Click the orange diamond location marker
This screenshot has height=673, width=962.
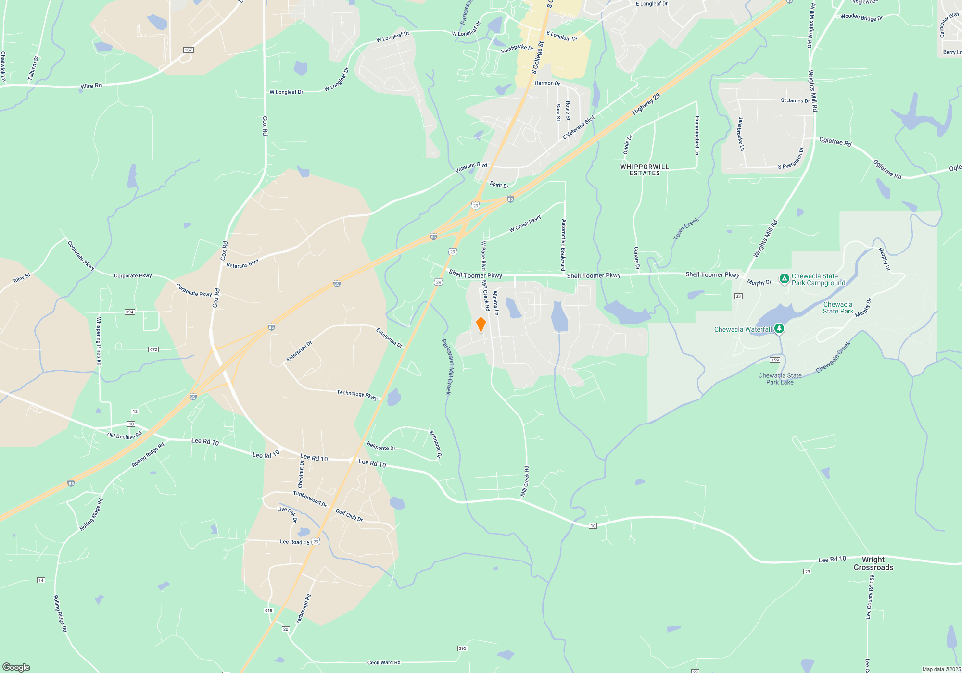click(x=481, y=324)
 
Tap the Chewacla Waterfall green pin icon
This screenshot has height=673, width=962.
click(x=779, y=329)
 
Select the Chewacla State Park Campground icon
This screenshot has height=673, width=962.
click(x=784, y=278)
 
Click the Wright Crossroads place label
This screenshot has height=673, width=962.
click(x=873, y=563)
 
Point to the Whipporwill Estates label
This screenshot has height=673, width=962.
click(x=645, y=170)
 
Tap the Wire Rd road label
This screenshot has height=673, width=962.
click(x=91, y=86)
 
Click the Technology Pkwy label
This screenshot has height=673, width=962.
click(x=357, y=394)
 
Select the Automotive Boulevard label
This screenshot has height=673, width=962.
click(x=563, y=245)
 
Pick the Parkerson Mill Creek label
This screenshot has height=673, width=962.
click(x=447, y=367)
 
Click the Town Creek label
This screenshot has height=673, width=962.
click(x=686, y=229)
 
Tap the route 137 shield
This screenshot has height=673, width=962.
click(x=188, y=50)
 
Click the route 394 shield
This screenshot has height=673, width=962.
click(x=129, y=312)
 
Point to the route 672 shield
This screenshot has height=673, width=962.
click(x=153, y=349)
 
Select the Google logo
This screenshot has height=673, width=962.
click(x=16, y=667)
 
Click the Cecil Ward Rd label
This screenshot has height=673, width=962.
click(x=384, y=662)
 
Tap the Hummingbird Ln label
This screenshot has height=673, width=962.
click(x=697, y=135)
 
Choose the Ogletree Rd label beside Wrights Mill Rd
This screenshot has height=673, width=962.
click(x=835, y=141)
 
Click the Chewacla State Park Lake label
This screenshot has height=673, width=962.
click(x=780, y=379)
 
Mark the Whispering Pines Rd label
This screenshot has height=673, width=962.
click(x=99, y=341)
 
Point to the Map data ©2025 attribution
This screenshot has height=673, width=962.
click(x=941, y=669)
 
